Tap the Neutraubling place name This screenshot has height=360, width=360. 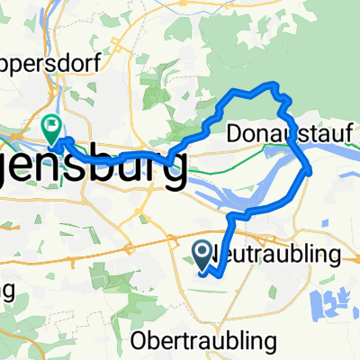point(279,256)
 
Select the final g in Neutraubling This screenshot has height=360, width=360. point(336,258)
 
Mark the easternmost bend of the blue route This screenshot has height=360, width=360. point(310,168)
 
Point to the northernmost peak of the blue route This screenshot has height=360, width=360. point(271,84)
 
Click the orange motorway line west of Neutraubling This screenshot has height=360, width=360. point(135,260)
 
